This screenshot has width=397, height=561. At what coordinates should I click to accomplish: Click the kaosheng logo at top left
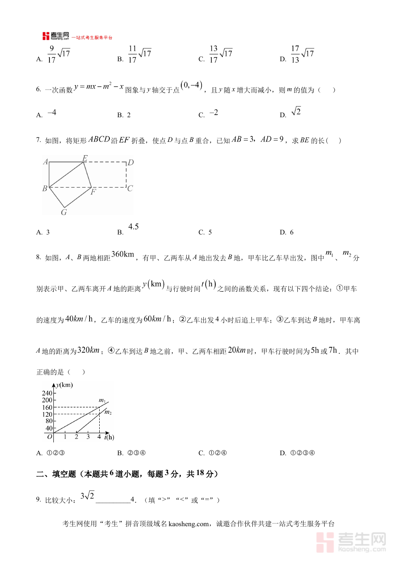pos(56,37)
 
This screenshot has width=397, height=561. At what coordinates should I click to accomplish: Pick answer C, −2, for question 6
pos(213,113)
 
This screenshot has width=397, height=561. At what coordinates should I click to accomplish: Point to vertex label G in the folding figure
pos(64,212)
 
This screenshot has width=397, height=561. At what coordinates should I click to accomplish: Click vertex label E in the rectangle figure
pos(85,157)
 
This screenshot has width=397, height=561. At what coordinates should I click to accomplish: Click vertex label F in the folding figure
pos(93,192)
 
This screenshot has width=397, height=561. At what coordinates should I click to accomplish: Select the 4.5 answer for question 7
pos(134,227)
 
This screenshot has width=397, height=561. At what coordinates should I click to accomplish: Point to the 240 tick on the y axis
pos(47,394)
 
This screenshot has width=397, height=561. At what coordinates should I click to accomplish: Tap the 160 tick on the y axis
pos(47,407)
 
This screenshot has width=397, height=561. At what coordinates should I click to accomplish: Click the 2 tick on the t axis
pos(76,437)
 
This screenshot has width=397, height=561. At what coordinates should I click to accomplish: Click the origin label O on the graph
pos(50,437)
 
